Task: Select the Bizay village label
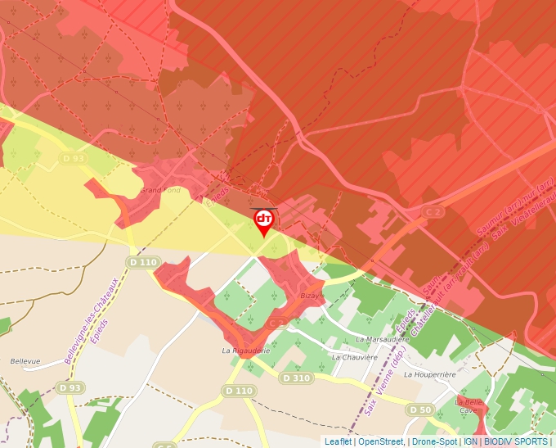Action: coord(307,295)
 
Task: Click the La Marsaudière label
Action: coord(383,338)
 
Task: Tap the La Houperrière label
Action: coord(429,373)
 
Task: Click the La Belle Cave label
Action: coord(469,406)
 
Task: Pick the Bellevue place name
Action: coord(25,360)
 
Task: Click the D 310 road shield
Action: coord(295,378)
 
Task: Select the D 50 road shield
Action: coord(420,410)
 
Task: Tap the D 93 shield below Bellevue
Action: coord(70,387)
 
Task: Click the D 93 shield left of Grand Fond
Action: coord(73,158)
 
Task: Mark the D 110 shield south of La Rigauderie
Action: coord(238,391)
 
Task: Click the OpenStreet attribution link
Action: coord(380,441)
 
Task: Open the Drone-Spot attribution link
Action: coord(434,441)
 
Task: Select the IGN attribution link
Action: coord(470,441)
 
